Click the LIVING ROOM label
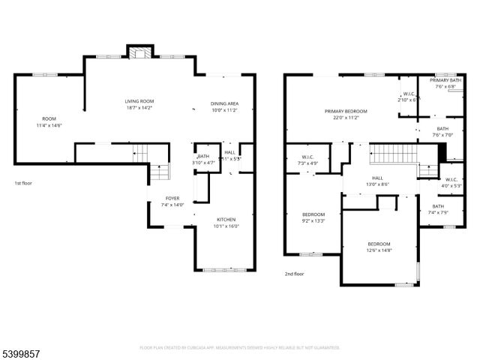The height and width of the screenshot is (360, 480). pyautogui.click(x=139, y=100)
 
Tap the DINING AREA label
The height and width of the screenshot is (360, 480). pyautogui.click(x=224, y=103)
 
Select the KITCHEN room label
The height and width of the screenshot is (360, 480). pyautogui.click(x=226, y=219)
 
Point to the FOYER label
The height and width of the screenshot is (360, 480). pyautogui.click(x=172, y=199)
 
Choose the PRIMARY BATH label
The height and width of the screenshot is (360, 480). pyautogui.click(x=445, y=80)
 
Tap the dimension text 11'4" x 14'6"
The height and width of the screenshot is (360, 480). pyautogui.click(x=49, y=124)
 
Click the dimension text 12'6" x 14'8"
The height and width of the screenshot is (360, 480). pyautogui.click(x=379, y=250)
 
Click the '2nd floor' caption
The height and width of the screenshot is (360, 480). pyautogui.click(x=294, y=274)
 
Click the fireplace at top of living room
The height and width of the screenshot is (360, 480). pyautogui.click(x=139, y=52)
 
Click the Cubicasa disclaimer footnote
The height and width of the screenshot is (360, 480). pyautogui.click(x=240, y=348)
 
